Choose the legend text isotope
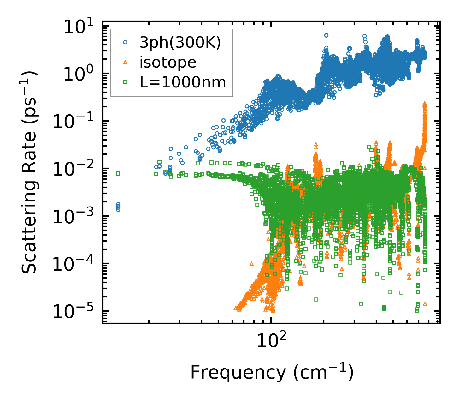168,62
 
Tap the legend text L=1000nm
183,82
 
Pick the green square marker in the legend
125,82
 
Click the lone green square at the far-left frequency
118,173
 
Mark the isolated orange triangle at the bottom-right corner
425,303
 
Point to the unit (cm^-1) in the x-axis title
323,373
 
